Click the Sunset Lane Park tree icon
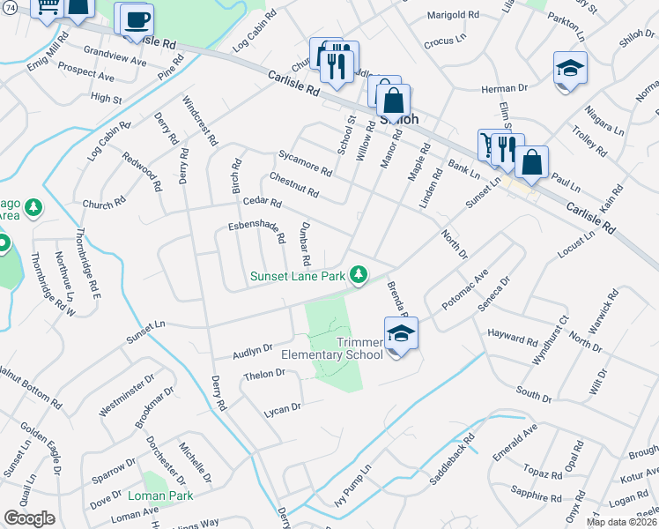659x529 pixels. tap(359, 275)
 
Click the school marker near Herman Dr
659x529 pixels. tap(570, 69)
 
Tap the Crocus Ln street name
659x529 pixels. tap(444, 41)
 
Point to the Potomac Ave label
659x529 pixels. tap(464, 290)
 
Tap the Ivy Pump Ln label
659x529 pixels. tap(357, 481)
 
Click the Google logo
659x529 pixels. tap(29, 518)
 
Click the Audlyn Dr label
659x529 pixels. tap(253, 352)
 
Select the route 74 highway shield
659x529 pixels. tap(7, 7)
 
